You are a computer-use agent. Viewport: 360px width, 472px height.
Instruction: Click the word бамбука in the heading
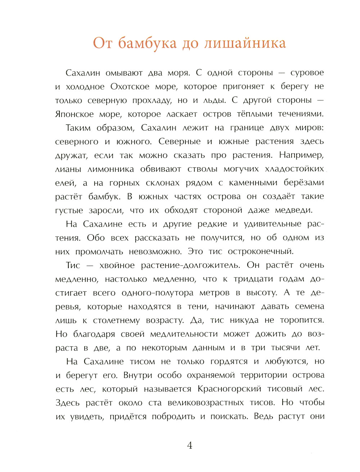(147, 43)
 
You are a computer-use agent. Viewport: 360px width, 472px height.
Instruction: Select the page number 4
(190, 446)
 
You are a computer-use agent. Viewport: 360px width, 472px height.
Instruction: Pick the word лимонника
(111, 169)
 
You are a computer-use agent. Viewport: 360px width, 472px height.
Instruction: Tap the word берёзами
(304, 183)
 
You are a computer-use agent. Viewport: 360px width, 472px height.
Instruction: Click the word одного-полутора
(157, 293)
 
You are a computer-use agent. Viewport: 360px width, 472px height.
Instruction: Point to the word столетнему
(116, 321)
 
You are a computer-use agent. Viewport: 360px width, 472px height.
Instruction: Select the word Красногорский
(229, 389)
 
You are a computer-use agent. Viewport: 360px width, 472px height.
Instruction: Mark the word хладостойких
(294, 169)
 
